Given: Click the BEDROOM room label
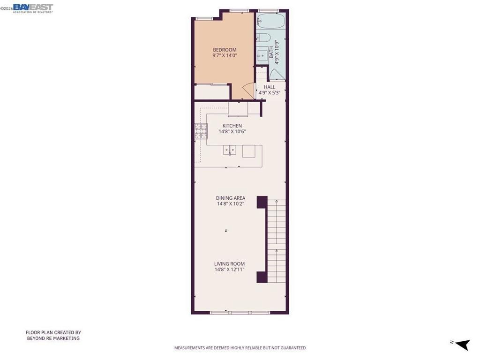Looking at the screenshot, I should point(225,50).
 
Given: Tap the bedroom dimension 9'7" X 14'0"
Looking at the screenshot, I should point(225,56).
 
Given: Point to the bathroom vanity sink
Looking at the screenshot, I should point(262,54).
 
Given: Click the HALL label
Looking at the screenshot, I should point(270,87).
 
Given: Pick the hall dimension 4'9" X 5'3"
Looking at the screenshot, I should point(270,93).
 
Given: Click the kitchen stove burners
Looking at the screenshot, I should point(201,130).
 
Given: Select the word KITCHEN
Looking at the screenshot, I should point(232,126).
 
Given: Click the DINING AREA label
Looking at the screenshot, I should point(230,198).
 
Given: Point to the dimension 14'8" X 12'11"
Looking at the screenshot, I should point(230,270).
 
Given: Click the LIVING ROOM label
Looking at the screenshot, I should point(230,264).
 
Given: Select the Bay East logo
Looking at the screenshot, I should point(33,7).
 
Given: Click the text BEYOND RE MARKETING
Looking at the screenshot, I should point(53,338).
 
